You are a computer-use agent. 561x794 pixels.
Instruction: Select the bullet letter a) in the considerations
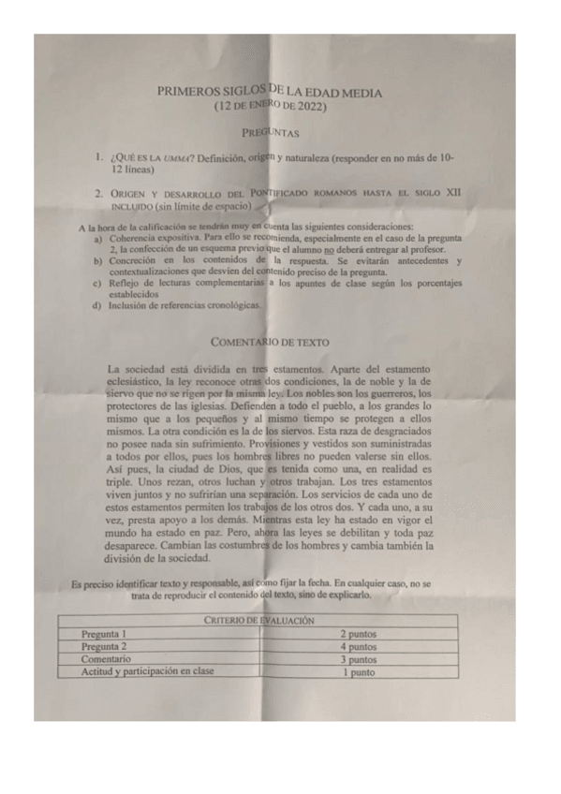98,240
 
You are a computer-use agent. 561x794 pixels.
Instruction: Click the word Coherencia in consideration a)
137,240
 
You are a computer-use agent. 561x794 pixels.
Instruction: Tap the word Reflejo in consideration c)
126,283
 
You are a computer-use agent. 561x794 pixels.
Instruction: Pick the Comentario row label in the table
106,658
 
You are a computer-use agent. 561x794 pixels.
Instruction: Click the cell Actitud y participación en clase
147,671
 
